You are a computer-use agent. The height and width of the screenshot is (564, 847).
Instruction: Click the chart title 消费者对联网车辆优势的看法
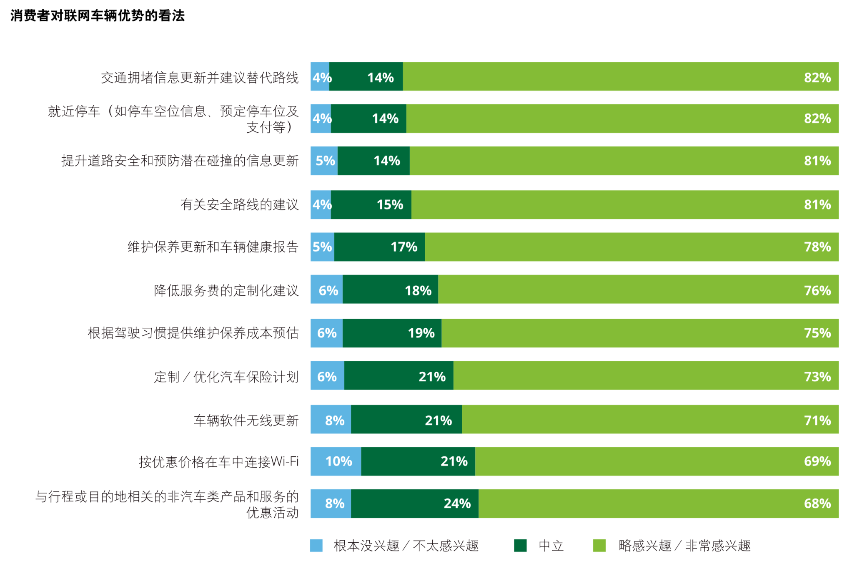pos(98,16)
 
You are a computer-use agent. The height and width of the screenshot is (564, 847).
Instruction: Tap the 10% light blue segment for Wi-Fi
pos(336,461)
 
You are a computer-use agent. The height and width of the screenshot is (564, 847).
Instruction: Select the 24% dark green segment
pos(415,504)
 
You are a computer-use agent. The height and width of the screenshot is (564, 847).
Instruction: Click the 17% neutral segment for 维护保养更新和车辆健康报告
pos(379,247)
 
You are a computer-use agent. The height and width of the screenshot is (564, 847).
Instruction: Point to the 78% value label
pos(817,247)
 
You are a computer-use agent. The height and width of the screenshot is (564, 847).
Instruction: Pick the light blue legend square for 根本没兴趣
pos(316,546)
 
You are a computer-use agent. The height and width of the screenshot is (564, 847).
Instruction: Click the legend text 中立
pos(551,546)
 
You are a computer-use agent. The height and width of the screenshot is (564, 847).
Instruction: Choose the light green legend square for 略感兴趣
pos(599,546)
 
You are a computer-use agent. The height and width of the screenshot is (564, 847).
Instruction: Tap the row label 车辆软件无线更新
pos(246,420)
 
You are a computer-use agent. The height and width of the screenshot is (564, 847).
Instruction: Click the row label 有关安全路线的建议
pos(239,205)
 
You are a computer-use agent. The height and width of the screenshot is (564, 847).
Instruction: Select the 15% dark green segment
pos(371,205)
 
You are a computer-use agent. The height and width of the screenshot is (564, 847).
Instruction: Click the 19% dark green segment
pos(392,333)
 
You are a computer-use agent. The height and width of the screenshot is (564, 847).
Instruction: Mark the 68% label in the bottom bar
pos(817,504)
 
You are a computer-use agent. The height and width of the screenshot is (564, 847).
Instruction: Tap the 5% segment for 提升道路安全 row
pos(324,161)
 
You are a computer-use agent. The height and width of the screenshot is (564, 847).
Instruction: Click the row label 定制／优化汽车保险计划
pos(226,377)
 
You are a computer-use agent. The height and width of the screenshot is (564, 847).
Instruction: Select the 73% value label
pos(817,377)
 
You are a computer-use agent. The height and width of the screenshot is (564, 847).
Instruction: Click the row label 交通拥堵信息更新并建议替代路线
pos(200,78)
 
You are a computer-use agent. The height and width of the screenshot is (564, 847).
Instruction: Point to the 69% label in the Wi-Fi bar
pos(817,461)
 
